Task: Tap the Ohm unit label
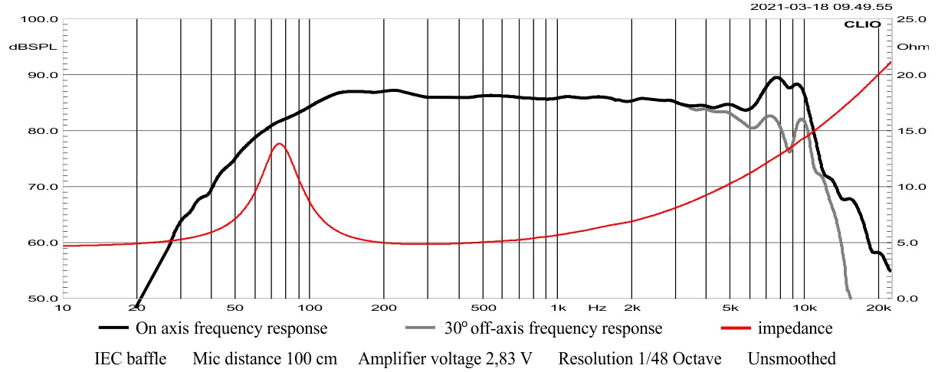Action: click(912, 47)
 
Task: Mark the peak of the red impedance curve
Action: click(279, 144)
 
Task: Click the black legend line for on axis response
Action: click(115, 329)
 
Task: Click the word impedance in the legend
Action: click(795, 329)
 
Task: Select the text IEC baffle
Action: click(130, 359)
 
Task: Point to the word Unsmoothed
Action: click(792, 359)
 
